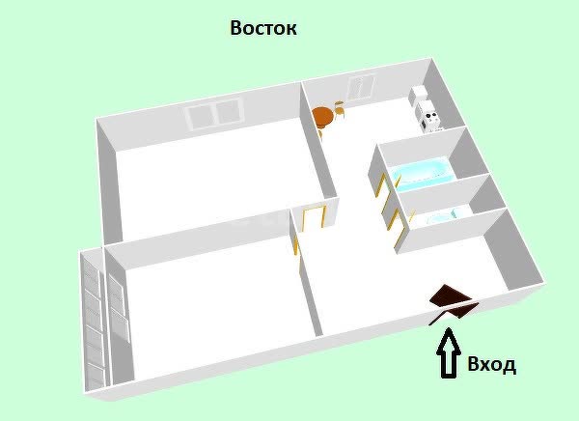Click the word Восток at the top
pyautogui.click(x=263, y=28)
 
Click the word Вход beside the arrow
pyautogui.click(x=491, y=364)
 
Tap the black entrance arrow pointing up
pyautogui.click(x=449, y=353)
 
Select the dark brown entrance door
pyautogui.click(x=453, y=301)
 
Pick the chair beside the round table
pyautogui.click(x=340, y=109)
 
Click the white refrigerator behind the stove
pyautogui.click(x=419, y=96)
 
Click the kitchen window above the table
pyautogui.click(x=360, y=87)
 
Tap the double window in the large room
pyautogui.click(x=214, y=113)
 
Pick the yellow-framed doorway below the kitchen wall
pyautogui.click(x=314, y=218)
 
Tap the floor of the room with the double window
pyautogui.click(x=218, y=184)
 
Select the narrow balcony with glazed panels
pyautogui.click(x=94, y=320)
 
